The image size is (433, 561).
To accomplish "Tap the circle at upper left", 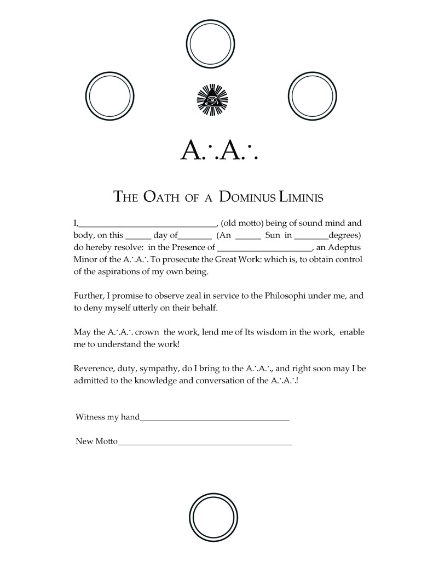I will pyautogui.click(x=109, y=97).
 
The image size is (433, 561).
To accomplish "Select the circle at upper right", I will pyautogui.click(x=311, y=97).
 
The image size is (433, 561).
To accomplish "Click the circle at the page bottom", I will pyautogui.click(x=211, y=518).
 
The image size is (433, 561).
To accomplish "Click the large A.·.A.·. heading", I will pyautogui.click(x=218, y=149).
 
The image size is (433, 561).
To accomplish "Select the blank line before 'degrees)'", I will pyautogui.click(x=311, y=237).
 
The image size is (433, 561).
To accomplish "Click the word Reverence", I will pyautogui.click(x=93, y=368).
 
